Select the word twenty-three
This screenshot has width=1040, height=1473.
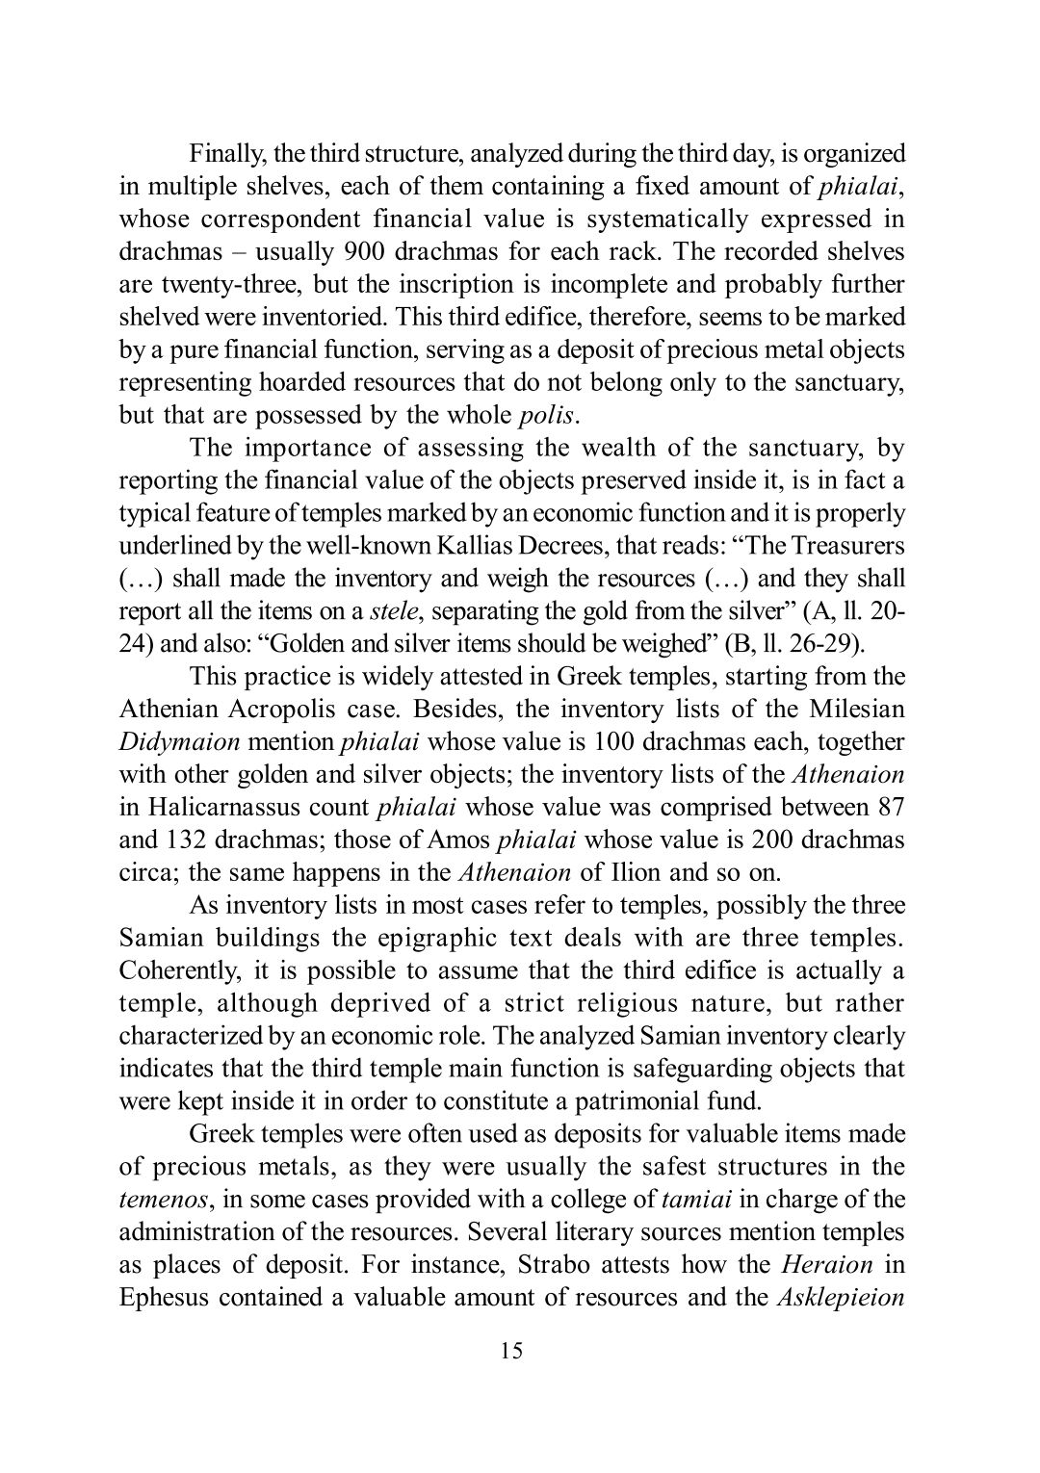coord(228,285)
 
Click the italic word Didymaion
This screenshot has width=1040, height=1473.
coord(179,743)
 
